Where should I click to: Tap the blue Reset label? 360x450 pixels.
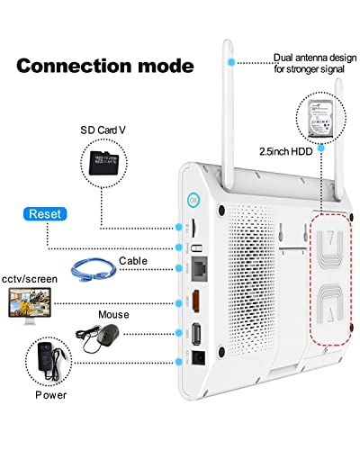tap(45, 215)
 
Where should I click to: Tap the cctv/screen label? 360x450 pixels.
tap(29, 280)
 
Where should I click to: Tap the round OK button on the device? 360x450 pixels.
tap(192, 201)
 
